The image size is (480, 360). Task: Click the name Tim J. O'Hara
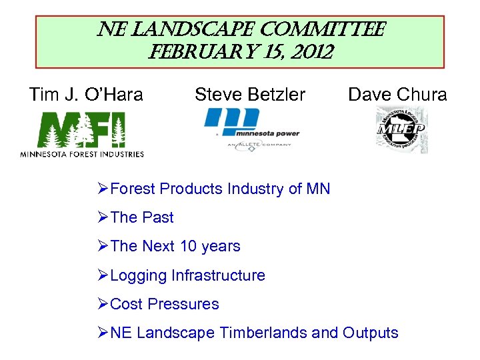(86, 95)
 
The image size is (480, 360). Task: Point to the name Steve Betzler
(250, 95)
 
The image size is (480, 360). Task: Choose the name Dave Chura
(397, 95)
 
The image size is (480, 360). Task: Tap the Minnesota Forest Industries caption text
(81, 154)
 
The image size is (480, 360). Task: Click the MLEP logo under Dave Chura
(401, 130)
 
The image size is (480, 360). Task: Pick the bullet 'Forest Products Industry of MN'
(219, 189)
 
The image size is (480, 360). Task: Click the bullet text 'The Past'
(141, 217)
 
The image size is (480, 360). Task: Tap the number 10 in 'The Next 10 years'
(189, 246)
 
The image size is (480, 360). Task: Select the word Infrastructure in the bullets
(217, 275)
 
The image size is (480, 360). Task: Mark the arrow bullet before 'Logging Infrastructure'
(102, 275)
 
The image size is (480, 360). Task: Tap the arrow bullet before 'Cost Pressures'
(102, 304)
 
